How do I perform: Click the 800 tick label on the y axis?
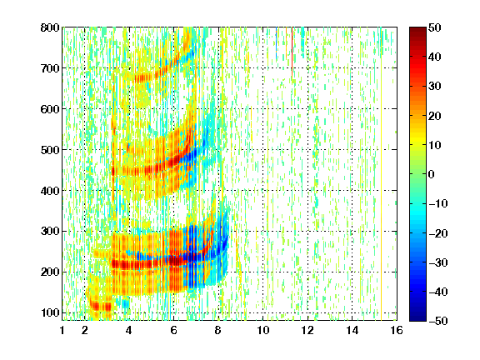point(50,27)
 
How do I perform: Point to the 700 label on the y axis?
point(50,68)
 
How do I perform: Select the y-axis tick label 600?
point(50,109)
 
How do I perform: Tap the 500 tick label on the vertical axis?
point(50,150)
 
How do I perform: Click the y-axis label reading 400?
point(50,191)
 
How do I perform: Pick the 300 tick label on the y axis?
point(50,231)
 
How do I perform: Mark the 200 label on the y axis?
point(50,272)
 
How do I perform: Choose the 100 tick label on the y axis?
point(50,312)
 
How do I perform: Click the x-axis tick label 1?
point(62,330)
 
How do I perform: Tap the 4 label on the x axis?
point(129,330)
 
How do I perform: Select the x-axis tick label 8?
point(218,330)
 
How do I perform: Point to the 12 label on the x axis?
point(307,330)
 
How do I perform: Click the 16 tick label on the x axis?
point(397,330)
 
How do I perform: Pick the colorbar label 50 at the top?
point(435,27)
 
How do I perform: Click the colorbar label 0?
point(432,174)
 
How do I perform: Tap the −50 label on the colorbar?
point(438,321)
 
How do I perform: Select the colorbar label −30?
point(438,262)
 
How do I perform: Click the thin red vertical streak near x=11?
point(292,51)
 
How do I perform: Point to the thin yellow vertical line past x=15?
point(381,173)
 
